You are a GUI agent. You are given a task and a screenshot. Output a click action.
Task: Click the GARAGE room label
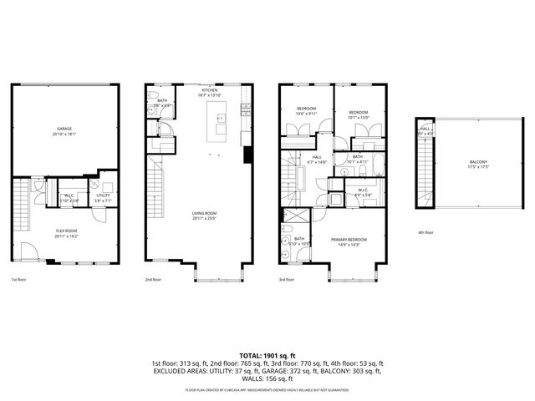[64, 129]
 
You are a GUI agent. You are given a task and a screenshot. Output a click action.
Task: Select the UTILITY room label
[102, 197]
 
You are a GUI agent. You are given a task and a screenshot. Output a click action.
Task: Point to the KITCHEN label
[209, 90]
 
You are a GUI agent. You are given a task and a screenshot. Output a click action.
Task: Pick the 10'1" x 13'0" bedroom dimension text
[359, 116]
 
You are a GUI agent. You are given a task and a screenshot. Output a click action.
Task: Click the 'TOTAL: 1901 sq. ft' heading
[267, 355]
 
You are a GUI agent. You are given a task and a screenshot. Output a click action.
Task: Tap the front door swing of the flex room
[28, 251]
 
